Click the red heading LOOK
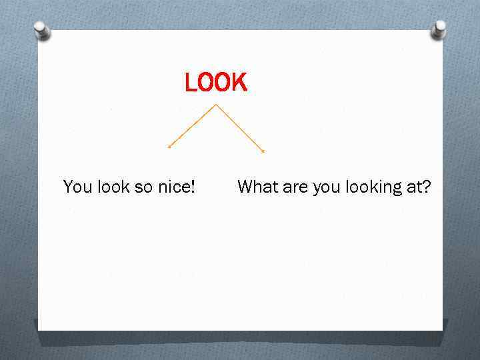tap(215, 83)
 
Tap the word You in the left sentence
tap(77, 187)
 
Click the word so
tap(144, 187)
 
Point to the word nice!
tap(176, 187)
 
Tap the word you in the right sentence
tap(326, 188)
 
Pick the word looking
tap(373, 188)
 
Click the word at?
tap(419, 187)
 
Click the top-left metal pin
tap(42, 29)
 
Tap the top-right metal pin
tap(439, 29)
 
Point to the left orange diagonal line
tap(192, 126)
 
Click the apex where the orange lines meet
tap(216, 105)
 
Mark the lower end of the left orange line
tap(169, 147)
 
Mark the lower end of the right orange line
tap(263, 151)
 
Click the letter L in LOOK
tap(191, 83)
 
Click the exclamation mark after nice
tap(193, 187)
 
